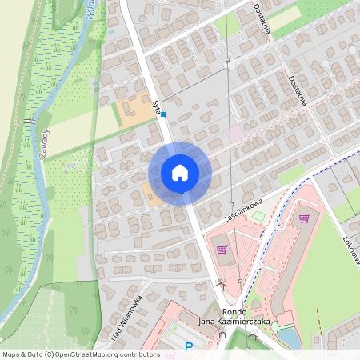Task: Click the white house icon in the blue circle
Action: click(x=179, y=173)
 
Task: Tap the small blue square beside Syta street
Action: click(x=163, y=114)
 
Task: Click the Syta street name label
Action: click(x=157, y=102)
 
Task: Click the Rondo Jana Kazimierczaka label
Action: click(x=235, y=317)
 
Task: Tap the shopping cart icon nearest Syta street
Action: click(x=222, y=250)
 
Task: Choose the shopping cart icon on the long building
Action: click(x=304, y=218)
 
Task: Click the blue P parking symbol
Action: click(x=189, y=346)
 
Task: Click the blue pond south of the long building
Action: click(x=289, y=339)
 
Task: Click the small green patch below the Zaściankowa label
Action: click(x=258, y=214)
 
